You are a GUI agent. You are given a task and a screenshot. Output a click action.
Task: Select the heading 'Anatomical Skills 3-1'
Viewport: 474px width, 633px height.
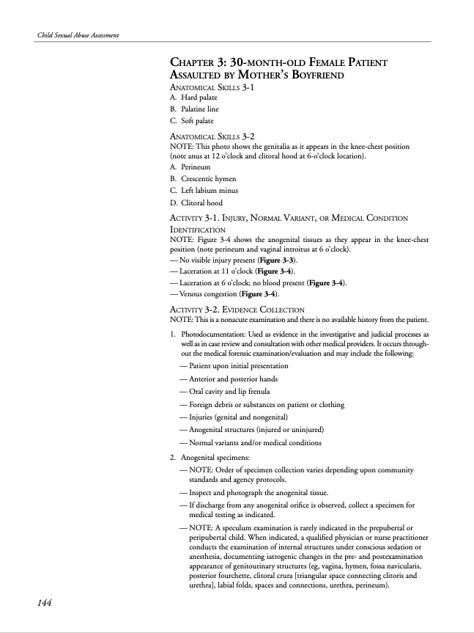[x=212, y=87]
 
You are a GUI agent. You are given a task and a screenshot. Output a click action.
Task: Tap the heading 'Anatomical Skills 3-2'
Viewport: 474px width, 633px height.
[x=212, y=136]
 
